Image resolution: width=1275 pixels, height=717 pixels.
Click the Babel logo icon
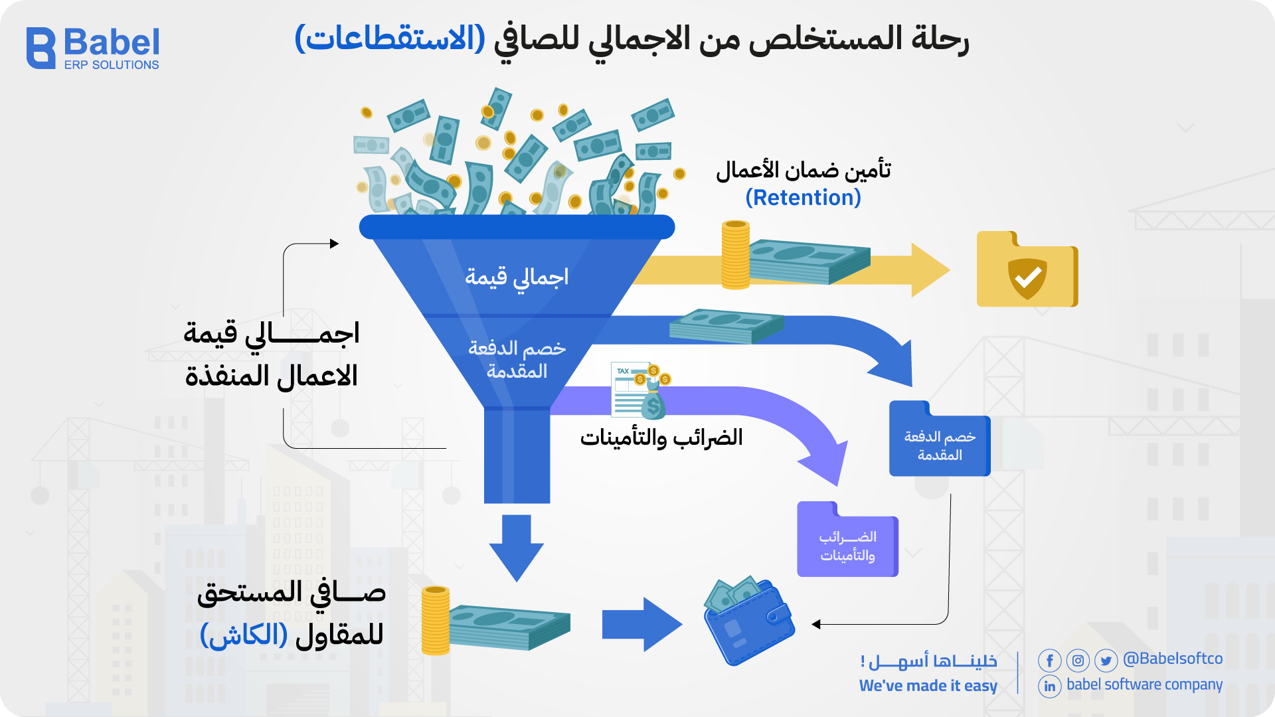tap(41, 48)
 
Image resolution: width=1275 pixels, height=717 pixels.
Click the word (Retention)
tap(803, 198)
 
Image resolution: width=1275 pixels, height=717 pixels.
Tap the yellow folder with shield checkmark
tap(1027, 270)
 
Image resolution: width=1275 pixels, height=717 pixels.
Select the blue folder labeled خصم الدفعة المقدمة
tap(939, 440)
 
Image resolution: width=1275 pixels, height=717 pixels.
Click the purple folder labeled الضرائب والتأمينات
tap(847, 540)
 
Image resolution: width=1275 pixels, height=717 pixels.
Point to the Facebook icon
tap(1049, 661)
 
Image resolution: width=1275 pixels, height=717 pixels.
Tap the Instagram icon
tap(1078, 661)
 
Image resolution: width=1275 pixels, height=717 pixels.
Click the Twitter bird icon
tap(1106, 661)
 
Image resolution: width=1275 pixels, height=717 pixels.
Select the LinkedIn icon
tap(1049, 686)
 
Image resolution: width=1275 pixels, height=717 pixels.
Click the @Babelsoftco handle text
tap(1173, 659)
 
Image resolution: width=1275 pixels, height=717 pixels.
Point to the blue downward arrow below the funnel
tap(516, 547)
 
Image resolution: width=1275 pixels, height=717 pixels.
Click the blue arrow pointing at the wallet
tap(641, 625)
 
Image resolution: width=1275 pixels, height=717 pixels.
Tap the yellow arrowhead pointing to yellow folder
tap(930, 270)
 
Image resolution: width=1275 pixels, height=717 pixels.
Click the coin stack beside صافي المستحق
tap(436, 621)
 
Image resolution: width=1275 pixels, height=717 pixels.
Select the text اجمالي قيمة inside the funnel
tap(517, 277)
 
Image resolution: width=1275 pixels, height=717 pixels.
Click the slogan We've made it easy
tap(928, 686)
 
